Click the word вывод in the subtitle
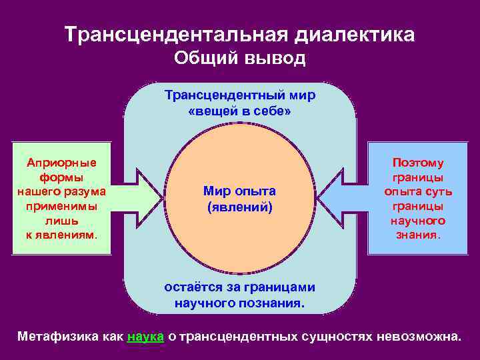[x=273, y=59]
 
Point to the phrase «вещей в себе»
[x=240, y=111]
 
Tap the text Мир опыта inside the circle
[x=240, y=191]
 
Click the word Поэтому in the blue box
[x=418, y=163]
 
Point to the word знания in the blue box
[x=417, y=235]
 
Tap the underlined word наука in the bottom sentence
[x=145, y=337]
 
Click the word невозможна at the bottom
[x=418, y=337]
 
